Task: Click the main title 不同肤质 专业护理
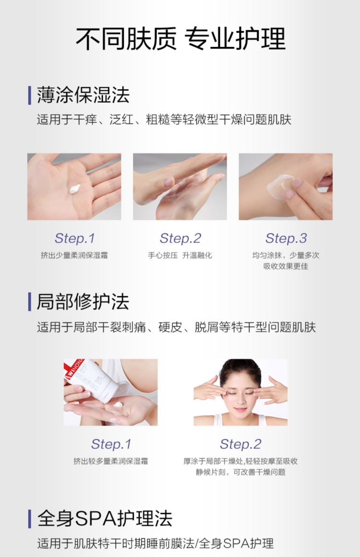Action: coord(180,39)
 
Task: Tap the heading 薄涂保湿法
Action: coord(83,95)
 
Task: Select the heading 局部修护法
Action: coord(83,302)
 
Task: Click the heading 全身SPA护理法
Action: coord(104,519)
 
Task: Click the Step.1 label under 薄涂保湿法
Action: coord(74,238)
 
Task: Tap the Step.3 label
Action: coord(286,238)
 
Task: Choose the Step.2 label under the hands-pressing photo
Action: coord(180,238)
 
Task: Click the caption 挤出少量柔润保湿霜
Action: coord(74,256)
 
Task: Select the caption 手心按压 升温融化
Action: coord(180,256)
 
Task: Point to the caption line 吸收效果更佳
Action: coord(286,266)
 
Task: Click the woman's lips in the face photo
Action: coord(240,410)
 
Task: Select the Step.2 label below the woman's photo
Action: coord(240,444)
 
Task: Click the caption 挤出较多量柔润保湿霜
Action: coord(111,462)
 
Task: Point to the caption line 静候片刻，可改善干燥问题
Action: coord(240,472)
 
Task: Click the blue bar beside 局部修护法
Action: coord(30,302)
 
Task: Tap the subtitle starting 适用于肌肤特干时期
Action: coord(156,544)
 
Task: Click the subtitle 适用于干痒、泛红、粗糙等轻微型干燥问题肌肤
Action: coord(164,119)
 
